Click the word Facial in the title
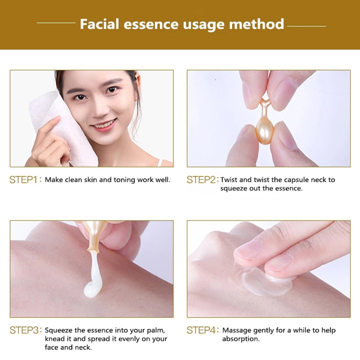click(99, 24)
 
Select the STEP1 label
click(23, 180)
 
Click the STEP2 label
click(200, 180)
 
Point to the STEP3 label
click(24, 330)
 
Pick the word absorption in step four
click(241, 339)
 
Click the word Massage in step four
click(237, 331)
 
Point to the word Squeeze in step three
click(58, 331)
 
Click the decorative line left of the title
click(56, 23)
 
